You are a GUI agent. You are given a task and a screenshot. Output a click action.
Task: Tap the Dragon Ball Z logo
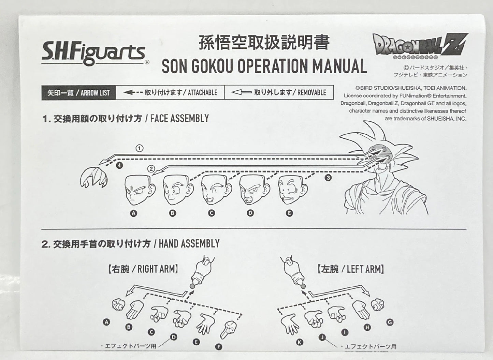(x=420, y=46)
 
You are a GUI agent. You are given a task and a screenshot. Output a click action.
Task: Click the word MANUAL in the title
(x=339, y=66)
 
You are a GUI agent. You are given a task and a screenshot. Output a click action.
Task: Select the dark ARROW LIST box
(x=78, y=93)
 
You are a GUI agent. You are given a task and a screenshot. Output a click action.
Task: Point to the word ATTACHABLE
(x=202, y=93)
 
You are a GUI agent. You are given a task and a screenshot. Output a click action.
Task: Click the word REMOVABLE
(x=311, y=93)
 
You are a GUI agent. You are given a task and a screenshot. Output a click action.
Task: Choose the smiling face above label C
(x=216, y=190)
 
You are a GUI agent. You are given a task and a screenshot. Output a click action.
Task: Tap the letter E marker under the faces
(x=289, y=213)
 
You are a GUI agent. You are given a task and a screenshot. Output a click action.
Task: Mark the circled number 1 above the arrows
(x=140, y=148)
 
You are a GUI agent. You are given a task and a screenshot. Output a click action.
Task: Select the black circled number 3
(x=328, y=178)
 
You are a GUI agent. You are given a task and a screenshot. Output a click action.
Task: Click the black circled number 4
(x=119, y=165)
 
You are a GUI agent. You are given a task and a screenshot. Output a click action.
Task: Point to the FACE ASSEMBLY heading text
(x=179, y=119)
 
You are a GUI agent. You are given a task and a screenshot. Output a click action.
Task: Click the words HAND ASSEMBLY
(x=189, y=244)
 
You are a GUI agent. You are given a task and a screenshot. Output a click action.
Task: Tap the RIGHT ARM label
(x=158, y=269)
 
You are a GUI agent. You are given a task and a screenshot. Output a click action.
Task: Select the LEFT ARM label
(x=365, y=269)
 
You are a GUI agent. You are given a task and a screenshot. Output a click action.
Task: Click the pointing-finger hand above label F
(x=228, y=330)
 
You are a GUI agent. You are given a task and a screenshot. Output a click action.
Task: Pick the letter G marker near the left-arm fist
(x=390, y=322)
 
